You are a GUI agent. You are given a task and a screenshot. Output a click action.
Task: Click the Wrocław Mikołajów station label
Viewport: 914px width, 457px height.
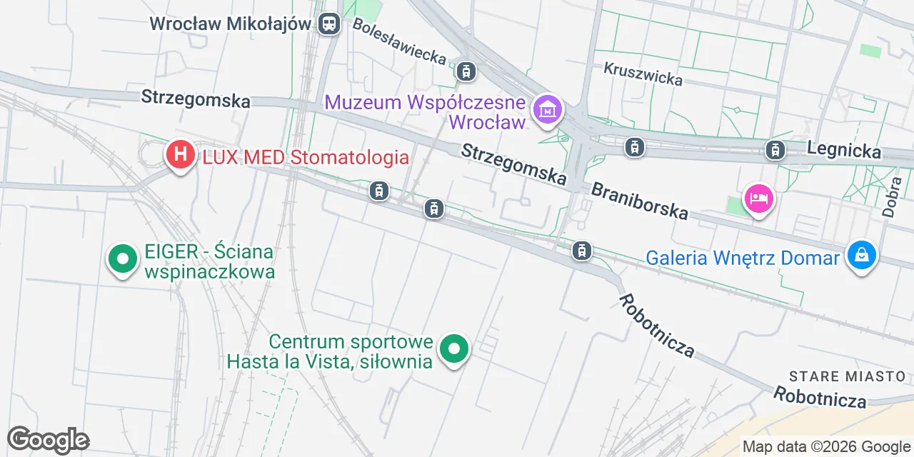pyautogui.click(x=230, y=24)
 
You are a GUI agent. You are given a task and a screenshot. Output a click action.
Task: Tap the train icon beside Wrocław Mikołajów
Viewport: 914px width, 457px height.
pyautogui.click(x=329, y=24)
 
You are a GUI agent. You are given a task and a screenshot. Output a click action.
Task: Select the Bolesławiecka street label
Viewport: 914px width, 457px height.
pyautogui.click(x=400, y=41)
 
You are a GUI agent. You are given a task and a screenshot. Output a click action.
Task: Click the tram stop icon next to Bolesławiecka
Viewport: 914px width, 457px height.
pyautogui.click(x=466, y=71)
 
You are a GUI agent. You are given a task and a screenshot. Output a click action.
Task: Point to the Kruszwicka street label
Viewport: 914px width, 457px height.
pyautogui.click(x=643, y=74)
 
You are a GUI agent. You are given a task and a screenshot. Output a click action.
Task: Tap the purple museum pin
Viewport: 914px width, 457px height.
pyautogui.click(x=548, y=111)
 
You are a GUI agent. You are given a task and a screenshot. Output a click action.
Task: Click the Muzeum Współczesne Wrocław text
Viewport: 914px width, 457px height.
pyautogui.click(x=426, y=112)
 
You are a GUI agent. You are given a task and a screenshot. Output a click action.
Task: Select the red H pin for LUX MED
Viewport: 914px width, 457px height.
pyautogui.click(x=181, y=154)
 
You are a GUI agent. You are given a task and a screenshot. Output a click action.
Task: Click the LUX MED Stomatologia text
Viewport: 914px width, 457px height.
pyautogui.click(x=306, y=157)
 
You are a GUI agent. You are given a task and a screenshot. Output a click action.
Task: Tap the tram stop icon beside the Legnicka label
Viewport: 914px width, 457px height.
pyautogui.click(x=775, y=150)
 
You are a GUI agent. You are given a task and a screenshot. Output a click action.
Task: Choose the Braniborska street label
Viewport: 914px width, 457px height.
pyautogui.click(x=640, y=200)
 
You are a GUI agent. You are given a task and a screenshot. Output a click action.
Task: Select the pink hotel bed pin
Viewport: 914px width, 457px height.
pyautogui.click(x=758, y=198)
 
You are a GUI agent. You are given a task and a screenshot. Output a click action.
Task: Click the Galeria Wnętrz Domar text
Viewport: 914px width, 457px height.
pyautogui.click(x=743, y=257)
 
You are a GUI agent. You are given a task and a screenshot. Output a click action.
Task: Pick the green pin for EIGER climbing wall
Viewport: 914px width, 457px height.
pyautogui.click(x=123, y=259)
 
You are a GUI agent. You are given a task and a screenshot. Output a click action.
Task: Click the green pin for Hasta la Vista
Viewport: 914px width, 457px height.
pyautogui.click(x=453, y=349)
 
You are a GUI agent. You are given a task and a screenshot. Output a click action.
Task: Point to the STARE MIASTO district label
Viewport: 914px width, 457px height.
pyautogui.click(x=847, y=376)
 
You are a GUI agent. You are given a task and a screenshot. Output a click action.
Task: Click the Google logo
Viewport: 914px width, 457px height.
pyautogui.click(x=48, y=440)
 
